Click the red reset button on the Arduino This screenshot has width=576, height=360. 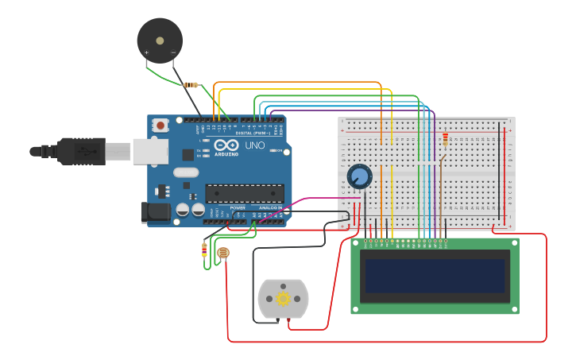(x=160, y=125)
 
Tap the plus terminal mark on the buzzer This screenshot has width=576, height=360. (x=147, y=52)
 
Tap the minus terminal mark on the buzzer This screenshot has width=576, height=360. (x=172, y=52)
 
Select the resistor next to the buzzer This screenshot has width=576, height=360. (x=191, y=85)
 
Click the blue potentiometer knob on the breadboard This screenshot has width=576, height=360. (x=360, y=176)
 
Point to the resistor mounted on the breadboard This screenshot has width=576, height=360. (x=445, y=141)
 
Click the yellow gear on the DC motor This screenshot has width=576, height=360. (x=283, y=299)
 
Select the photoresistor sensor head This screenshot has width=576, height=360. (x=223, y=254)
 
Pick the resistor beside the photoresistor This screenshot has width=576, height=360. (x=204, y=250)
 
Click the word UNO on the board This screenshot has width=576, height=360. (x=255, y=146)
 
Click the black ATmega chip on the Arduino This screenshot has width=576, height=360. (x=244, y=193)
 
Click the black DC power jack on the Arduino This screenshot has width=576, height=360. (x=155, y=211)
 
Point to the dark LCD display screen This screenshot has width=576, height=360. (x=435, y=276)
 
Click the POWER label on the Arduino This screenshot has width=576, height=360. (x=238, y=207)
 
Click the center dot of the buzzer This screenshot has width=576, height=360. (x=160, y=39)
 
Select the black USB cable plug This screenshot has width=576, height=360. (x=79, y=150)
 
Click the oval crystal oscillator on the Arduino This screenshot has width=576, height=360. (x=185, y=172)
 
